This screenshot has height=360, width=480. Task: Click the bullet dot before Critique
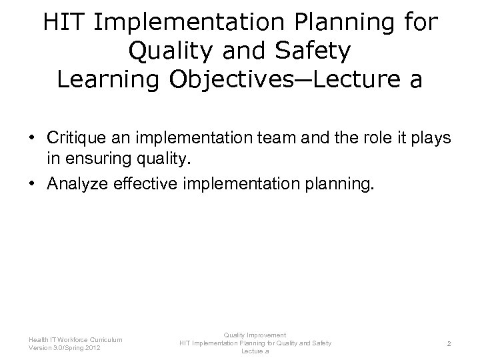click(32, 137)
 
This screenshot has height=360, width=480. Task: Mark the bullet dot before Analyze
click(32, 179)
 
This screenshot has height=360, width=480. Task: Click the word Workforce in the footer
click(73, 340)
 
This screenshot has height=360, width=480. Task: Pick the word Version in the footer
click(39, 348)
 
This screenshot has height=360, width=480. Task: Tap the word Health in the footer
click(38, 340)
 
